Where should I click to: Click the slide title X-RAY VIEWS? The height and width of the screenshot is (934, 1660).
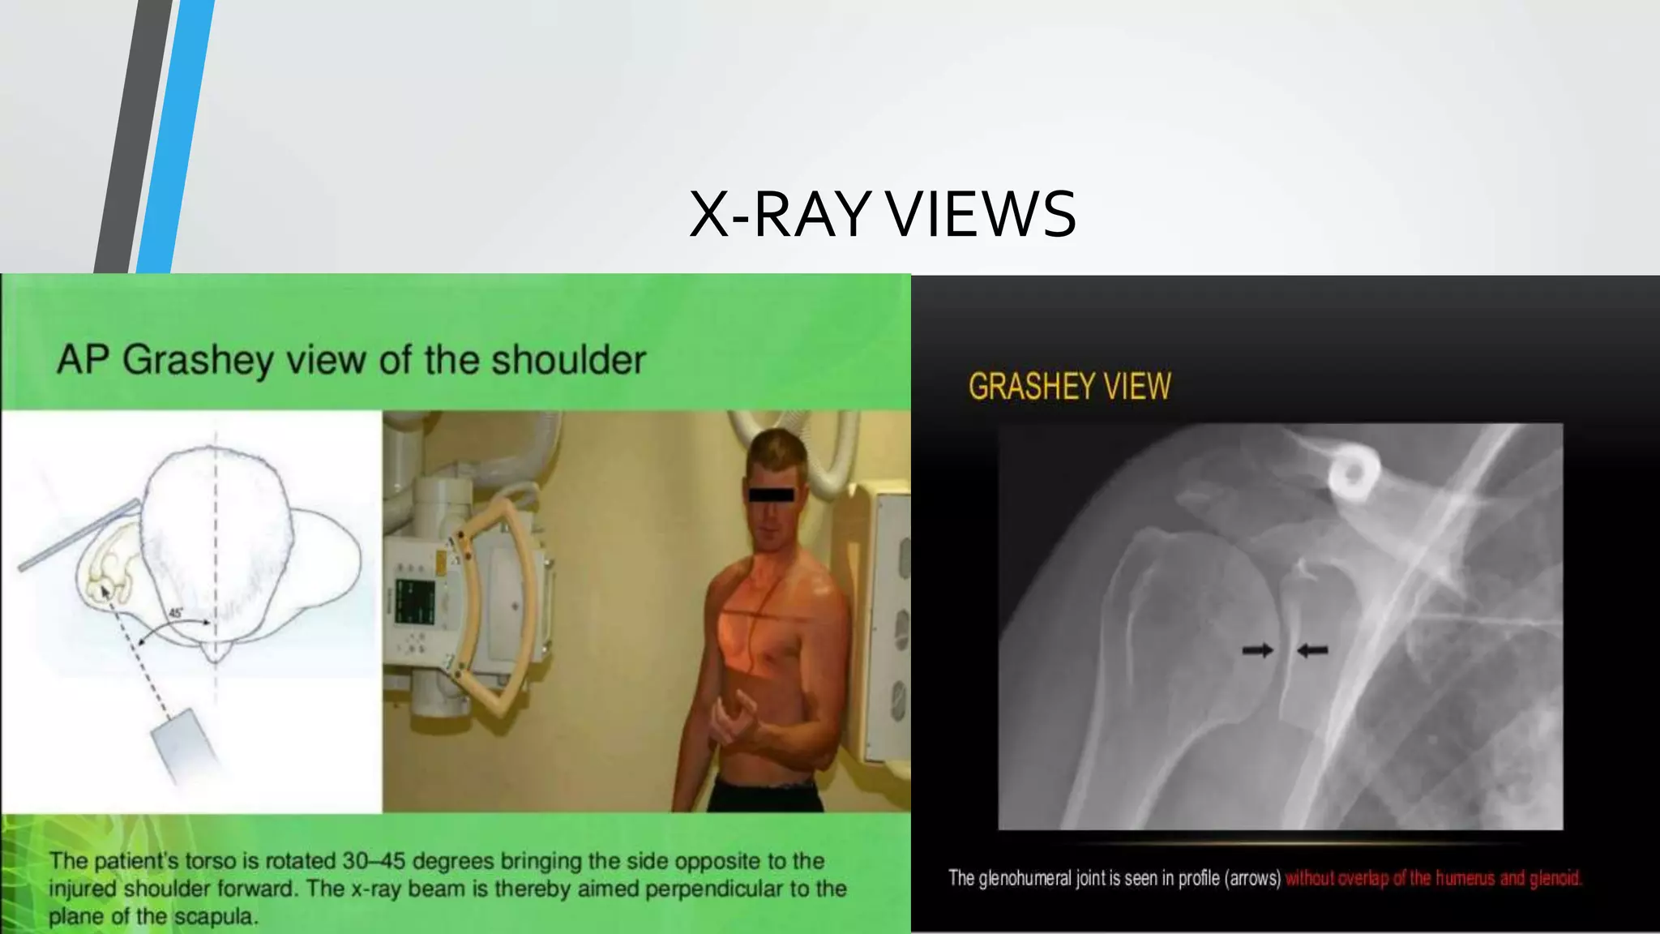[882, 214]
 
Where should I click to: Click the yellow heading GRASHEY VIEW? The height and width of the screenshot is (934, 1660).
[1069, 387]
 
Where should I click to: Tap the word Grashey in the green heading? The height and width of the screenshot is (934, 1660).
[198, 360]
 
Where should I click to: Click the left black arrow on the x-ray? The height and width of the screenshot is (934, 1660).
[1257, 649]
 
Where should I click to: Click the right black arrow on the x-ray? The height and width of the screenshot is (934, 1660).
[1313, 649]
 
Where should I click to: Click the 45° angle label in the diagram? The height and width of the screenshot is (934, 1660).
[176, 613]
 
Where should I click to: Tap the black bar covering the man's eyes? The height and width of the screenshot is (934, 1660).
[771, 494]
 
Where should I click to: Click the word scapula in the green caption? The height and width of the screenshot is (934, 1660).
[216, 917]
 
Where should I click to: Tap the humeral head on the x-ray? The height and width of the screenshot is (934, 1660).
[1183, 616]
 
